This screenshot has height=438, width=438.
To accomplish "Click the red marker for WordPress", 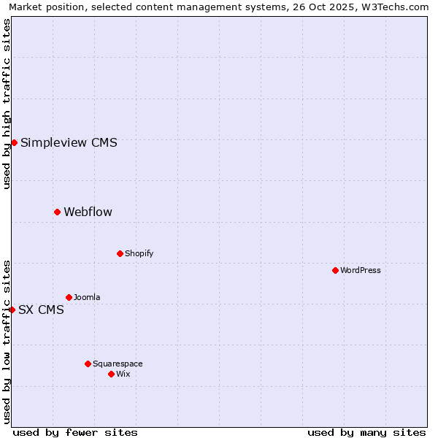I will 335,270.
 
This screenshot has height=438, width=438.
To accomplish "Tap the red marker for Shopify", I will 120,253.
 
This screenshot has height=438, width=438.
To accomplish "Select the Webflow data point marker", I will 57,212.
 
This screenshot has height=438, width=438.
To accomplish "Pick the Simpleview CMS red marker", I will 14,142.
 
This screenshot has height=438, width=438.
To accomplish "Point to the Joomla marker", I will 69,297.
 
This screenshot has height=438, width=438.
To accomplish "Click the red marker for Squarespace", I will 88,364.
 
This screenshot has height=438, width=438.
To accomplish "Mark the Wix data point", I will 111,374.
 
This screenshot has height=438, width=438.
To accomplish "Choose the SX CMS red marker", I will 12,310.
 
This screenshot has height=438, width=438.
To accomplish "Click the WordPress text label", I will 361,270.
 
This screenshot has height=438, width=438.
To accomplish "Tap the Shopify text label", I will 139,253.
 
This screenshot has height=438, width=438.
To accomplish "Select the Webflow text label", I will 88,212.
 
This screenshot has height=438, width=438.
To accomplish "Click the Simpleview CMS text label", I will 69,142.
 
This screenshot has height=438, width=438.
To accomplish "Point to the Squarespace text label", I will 118,364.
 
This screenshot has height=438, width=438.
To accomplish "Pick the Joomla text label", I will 87,297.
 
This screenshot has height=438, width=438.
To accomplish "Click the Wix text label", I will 123,374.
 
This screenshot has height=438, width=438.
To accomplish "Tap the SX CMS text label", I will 41,310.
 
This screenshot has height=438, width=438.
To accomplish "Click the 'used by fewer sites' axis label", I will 75,432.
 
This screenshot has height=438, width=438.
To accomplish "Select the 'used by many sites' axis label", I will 366,432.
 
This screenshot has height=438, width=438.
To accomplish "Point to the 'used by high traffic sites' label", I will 7,104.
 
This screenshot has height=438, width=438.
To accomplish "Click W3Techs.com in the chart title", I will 391,7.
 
